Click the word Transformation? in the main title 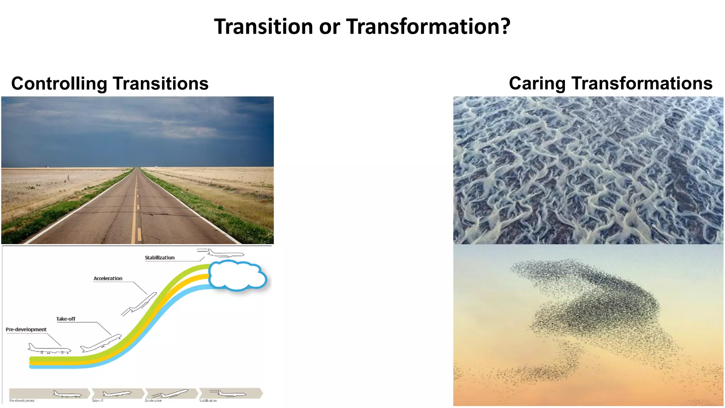coord(428,27)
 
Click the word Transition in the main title coord(264,27)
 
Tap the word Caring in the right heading coord(537,84)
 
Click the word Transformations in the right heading coord(641,83)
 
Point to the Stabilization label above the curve coord(159,257)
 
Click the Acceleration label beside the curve coord(108,278)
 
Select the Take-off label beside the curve coord(65,319)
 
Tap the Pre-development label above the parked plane coord(26,329)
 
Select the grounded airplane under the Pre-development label coord(49,349)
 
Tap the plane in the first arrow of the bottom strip coord(67,394)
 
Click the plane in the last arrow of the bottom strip coord(230,393)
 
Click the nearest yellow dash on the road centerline coord(139,234)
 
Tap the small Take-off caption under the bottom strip coord(97,401)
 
